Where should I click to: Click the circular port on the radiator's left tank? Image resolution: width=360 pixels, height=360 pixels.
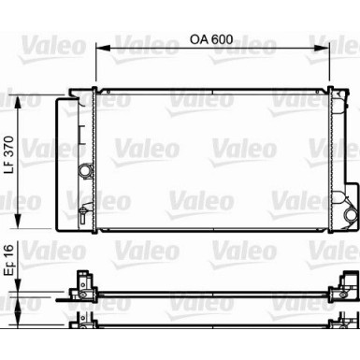point(87,171)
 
